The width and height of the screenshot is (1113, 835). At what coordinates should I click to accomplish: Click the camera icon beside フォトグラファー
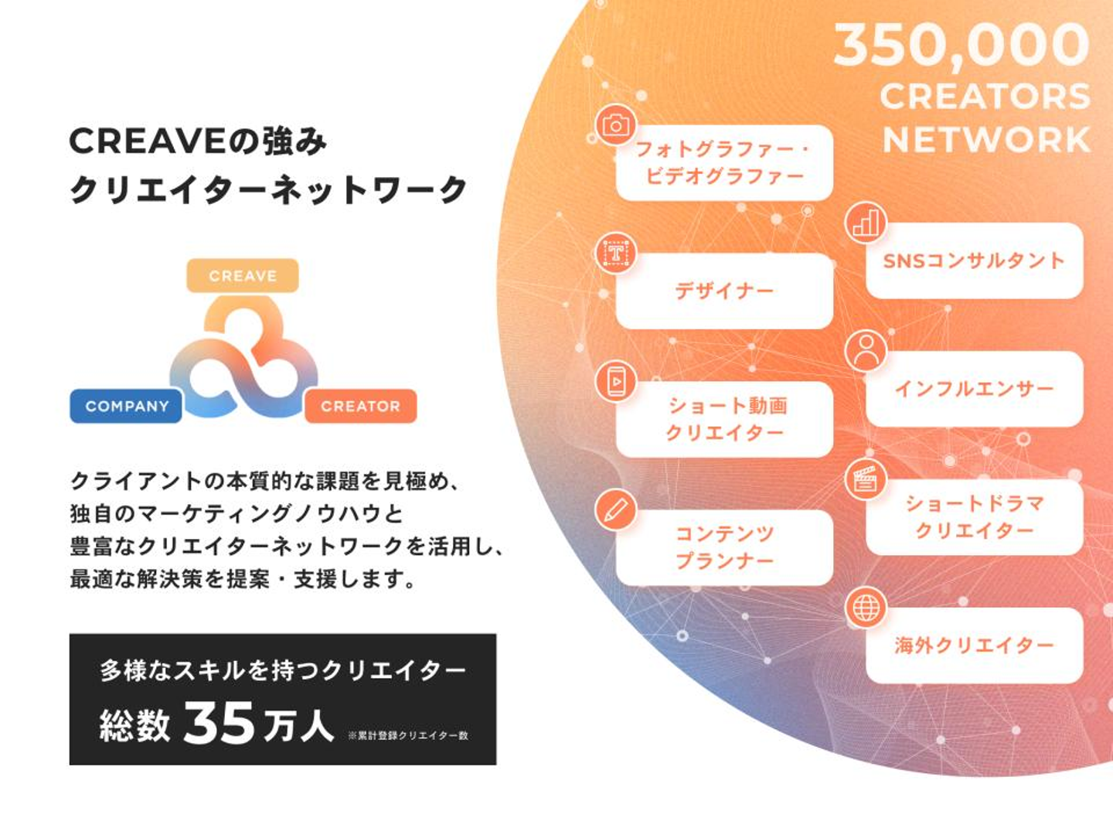[615, 125]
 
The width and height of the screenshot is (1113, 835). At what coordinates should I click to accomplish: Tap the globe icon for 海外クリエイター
[866, 608]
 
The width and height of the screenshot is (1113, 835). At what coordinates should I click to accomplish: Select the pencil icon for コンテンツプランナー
[615, 510]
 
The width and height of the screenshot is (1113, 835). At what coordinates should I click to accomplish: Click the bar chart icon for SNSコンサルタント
[866, 223]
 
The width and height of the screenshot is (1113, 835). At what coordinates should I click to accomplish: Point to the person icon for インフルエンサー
[866, 351]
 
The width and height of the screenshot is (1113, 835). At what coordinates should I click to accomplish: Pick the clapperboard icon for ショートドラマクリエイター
[866, 479]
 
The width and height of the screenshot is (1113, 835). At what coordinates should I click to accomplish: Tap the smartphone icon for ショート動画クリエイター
[615, 381]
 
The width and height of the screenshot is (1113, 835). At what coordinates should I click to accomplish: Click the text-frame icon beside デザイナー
[615, 253]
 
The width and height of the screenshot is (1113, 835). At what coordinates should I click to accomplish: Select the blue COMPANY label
[126, 407]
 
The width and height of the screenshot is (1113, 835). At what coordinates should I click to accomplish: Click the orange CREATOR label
[360, 407]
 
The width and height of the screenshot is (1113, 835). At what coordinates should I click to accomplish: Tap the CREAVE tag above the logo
[243, 276]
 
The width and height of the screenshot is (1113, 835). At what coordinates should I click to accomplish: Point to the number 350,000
[962, 45]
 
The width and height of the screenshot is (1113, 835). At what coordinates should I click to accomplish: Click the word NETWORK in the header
[986, 141]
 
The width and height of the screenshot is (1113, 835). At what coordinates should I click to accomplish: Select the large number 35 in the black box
[219, 724]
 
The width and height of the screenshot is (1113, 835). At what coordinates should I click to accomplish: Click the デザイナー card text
[724, 291]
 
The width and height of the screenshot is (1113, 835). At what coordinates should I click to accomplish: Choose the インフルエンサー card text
[974, 389]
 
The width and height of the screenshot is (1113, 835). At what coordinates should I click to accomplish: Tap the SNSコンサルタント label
[974, 261]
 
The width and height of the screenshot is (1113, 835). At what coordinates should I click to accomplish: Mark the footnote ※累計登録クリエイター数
[408, 735]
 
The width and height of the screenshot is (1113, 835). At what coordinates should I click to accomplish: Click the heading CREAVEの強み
[198, 141]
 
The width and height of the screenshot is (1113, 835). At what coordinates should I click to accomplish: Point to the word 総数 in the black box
[134, 725]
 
